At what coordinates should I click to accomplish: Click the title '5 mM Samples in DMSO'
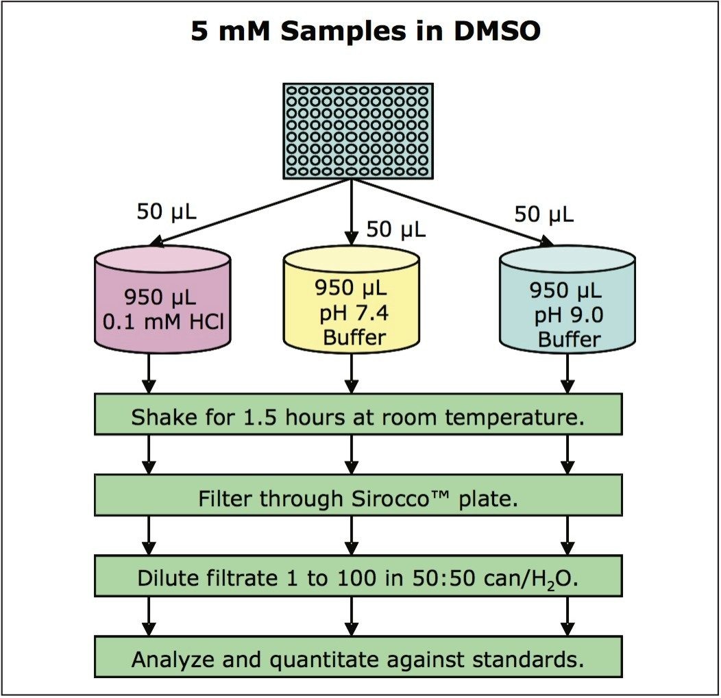click(365, 32)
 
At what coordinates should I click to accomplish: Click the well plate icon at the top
click(358, 131)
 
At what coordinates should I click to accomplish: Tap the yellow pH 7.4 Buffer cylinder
click(351, 301)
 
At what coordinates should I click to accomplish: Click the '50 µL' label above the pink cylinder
click(167, 212)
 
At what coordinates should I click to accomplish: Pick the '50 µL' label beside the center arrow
click(396, 229)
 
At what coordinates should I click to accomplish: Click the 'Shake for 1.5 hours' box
click(358, 415)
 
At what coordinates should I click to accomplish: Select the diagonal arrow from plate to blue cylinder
click(452, 212)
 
